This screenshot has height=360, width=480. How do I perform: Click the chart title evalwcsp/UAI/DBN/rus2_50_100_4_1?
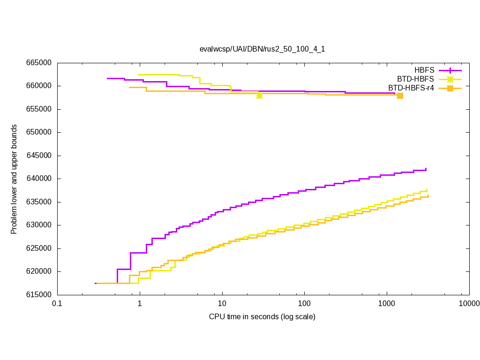coord(262,49)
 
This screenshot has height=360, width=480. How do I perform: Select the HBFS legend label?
coord(424,70)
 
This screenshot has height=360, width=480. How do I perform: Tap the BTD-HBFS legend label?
coord(416,79)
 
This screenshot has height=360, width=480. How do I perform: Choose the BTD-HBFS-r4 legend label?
coord(411,88)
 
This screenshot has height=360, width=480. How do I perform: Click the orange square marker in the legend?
coord(450,88)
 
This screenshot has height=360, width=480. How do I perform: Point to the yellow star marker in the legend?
coord(450,79)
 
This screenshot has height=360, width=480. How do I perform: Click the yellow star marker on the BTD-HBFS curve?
coord(259,96)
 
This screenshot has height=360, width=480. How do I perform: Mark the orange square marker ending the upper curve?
coord(400,96)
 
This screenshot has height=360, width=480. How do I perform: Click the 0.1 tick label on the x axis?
coord(57,304)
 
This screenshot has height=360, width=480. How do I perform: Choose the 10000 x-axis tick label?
coord(469,304)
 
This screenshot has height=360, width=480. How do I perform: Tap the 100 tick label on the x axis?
coord(304,304)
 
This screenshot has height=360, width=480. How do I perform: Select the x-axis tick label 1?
coord(140,304)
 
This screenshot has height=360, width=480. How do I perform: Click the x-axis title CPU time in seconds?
coord(262,317)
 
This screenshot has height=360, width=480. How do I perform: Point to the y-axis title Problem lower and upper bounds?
coord(14,179)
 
